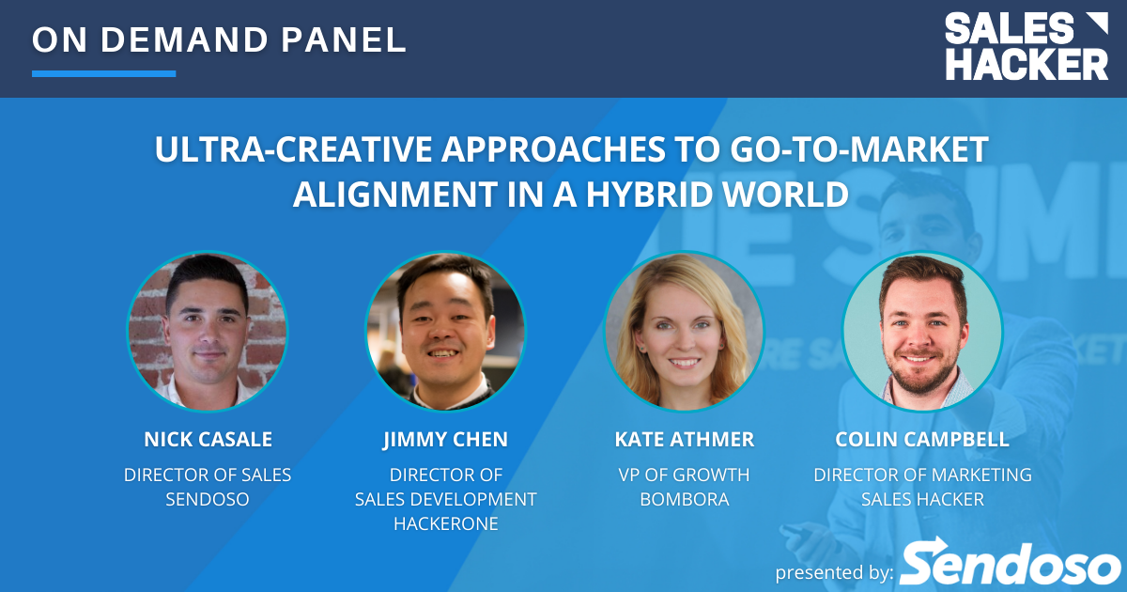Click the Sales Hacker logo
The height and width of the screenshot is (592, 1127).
(x=1027, y=46)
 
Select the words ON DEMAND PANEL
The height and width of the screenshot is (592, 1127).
(x=220, y=39)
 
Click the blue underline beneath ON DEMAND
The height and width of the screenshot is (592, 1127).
(x=103, y=73)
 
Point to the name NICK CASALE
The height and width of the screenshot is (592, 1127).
(x=208, y=439)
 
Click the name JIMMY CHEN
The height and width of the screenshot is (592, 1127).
(x=446, y=440)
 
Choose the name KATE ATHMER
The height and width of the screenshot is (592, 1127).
(x=685, y=439)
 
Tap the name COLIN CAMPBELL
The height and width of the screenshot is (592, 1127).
(x=922, y=439)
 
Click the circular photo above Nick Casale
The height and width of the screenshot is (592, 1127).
(x=208, y=331)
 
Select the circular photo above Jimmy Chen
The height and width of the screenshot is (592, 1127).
(x=446, y=331)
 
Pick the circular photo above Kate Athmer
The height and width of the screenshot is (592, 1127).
(x=685, y=331)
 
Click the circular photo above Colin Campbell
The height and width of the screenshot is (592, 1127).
(x=922, y=331)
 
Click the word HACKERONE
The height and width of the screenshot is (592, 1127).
(x=446, y=523)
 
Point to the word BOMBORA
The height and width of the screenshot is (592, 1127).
(x=685, y=499)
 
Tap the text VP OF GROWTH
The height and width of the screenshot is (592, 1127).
(x=685, y=475)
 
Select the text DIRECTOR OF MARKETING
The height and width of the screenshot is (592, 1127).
(x=922, y=475)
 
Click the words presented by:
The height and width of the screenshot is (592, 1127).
(x=835, y=572)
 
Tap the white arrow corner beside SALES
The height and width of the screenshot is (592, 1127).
(x=1097, y=23)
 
